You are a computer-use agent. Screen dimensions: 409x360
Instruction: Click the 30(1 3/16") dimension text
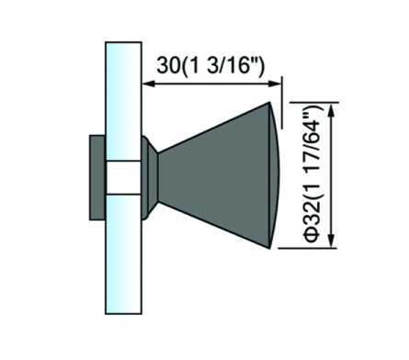(x=210, y=65)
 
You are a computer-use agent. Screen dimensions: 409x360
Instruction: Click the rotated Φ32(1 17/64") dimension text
(x=312, y=174)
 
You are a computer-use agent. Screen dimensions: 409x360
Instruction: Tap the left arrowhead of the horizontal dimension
(x=148, y=84)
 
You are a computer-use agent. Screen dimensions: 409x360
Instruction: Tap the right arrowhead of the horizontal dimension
(x=275, y=84)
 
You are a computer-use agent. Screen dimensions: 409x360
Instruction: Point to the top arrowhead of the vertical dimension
(x=331, y=109)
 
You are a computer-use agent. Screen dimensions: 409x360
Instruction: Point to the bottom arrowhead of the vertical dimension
(x=331, y=241)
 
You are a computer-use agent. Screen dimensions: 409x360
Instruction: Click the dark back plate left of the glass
(x=97, y=177)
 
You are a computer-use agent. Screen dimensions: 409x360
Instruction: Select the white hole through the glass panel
(x=123, y=177)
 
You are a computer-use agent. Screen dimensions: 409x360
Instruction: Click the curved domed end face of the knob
(x=275, y=175)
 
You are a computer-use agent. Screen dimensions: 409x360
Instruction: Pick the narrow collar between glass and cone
(x=150, y=177)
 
